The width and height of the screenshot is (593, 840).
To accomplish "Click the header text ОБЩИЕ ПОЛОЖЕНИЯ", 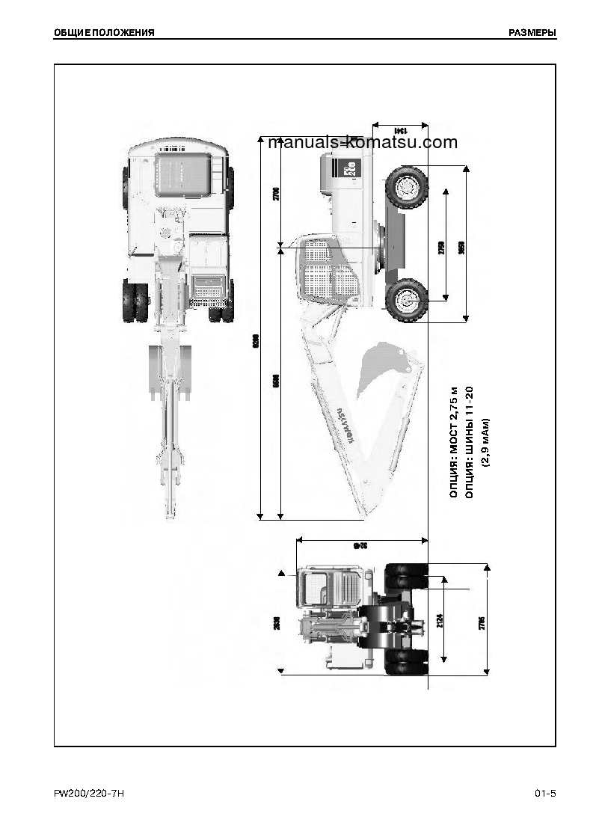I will pos(105,32).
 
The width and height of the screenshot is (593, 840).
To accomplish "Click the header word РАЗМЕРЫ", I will pos(532,32).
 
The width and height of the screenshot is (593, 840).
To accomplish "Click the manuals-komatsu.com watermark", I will pos(362,142).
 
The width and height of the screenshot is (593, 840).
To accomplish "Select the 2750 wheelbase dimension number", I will pos(440,248).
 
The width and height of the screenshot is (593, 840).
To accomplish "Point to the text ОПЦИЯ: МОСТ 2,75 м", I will pos(452,442).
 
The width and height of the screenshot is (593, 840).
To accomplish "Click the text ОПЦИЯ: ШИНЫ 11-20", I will pos(469,442).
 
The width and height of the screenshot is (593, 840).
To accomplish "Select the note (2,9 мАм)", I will pos(485,442).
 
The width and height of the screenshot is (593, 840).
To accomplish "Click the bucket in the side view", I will pos(381,367).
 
